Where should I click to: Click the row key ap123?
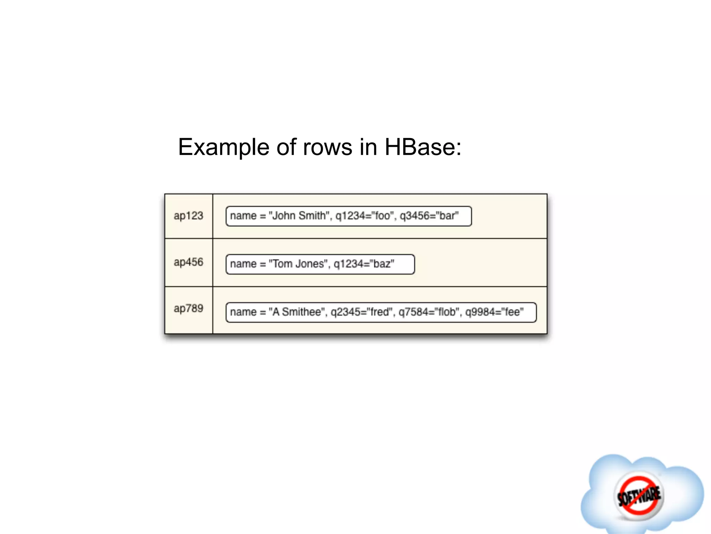click(188, 216)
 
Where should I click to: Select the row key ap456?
click(188, 262)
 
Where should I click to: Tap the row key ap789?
click(188, 308)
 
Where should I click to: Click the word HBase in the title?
click(423, 147)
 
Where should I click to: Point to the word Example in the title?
click(223, 147)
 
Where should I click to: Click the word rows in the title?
click(327, 147)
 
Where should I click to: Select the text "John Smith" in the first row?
click(298, 216)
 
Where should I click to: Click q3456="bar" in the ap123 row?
click(429, 216)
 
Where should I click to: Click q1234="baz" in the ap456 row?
click(364, 264)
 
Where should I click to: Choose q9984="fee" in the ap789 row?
click(494, 312)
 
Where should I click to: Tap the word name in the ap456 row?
click(243, 264)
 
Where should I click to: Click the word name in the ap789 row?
click(243, 312)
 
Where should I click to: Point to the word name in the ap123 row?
click(243, 216)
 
